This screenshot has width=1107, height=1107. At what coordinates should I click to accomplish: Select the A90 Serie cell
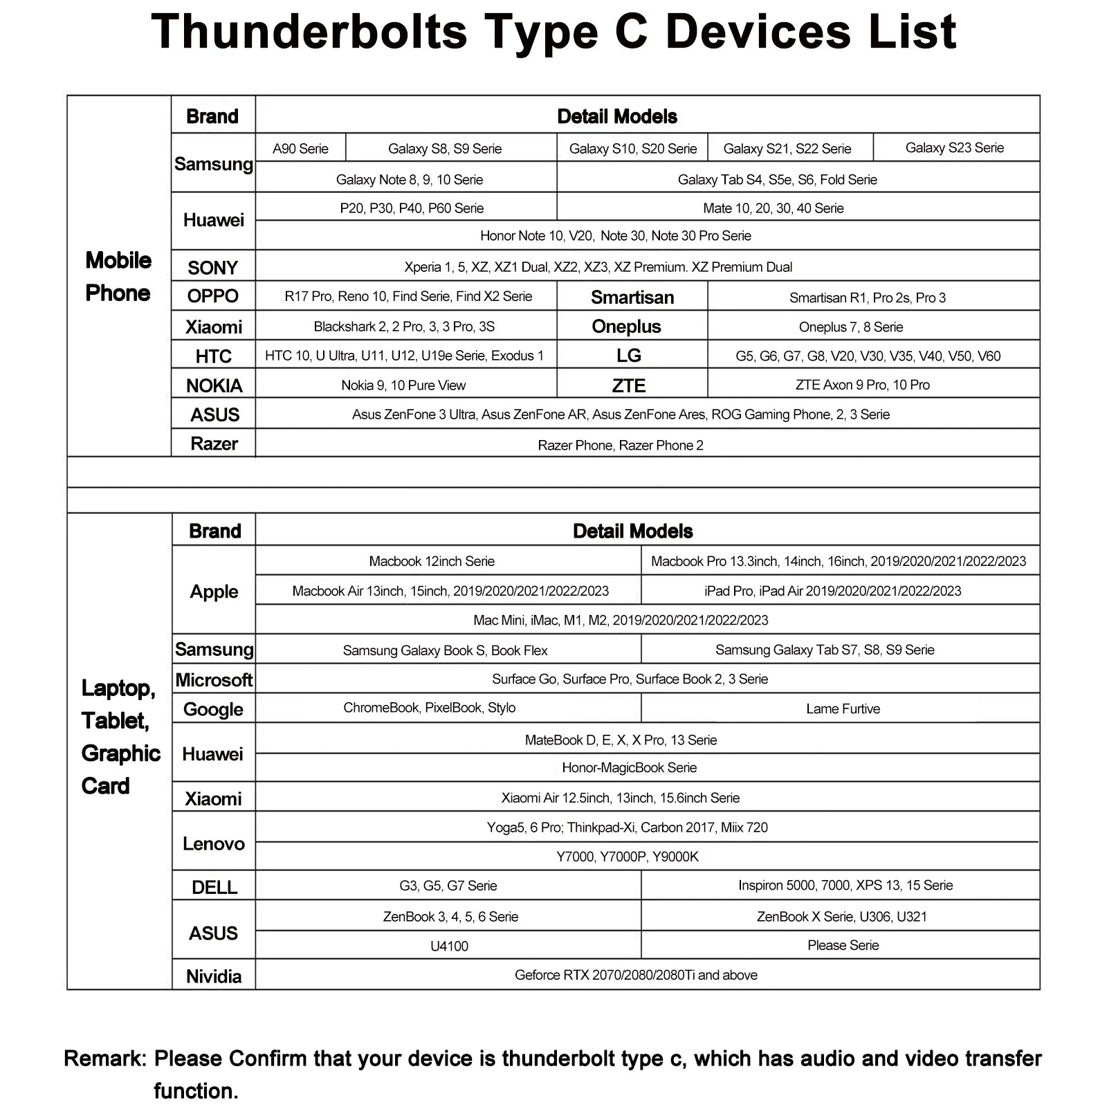pos(300,149)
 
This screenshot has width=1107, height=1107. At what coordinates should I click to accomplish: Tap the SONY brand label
pos(213,268)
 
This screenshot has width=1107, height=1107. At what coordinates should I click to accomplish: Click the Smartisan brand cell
pos(632,298)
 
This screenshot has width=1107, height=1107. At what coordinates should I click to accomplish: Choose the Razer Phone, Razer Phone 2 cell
pos(620,446)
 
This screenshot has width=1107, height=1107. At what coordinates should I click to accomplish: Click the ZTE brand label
pos(628,385)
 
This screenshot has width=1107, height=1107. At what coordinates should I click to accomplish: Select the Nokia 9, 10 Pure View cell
pos(403,385)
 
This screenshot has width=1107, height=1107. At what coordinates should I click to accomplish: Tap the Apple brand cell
pos(214,592)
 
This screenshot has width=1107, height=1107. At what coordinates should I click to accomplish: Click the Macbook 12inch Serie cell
pos(432,561)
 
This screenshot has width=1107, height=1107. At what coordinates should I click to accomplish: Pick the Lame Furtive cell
pos(843,708)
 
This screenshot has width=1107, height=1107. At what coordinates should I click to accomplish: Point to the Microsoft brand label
pos(214,680)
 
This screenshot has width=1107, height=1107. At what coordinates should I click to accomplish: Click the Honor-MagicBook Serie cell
pos(629,767)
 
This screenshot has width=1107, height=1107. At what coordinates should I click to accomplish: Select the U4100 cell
pos(449,946)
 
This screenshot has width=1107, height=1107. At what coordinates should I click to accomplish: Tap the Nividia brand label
pos(214,976)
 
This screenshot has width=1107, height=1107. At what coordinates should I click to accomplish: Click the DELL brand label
pos(214,887)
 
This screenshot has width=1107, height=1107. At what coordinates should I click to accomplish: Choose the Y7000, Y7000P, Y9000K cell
pos(627,857)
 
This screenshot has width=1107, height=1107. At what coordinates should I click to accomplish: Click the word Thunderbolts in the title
pos(309,32)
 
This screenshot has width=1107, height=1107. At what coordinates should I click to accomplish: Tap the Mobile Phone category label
pos(118,277)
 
